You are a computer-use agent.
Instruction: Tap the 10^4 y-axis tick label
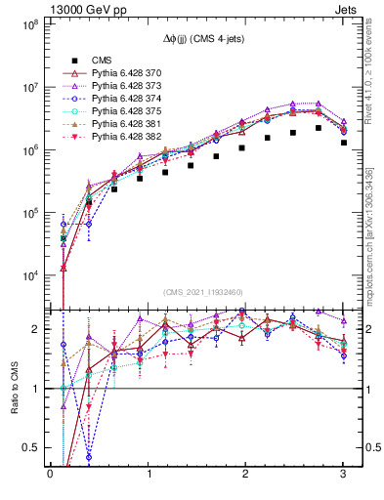pos(26,275)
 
